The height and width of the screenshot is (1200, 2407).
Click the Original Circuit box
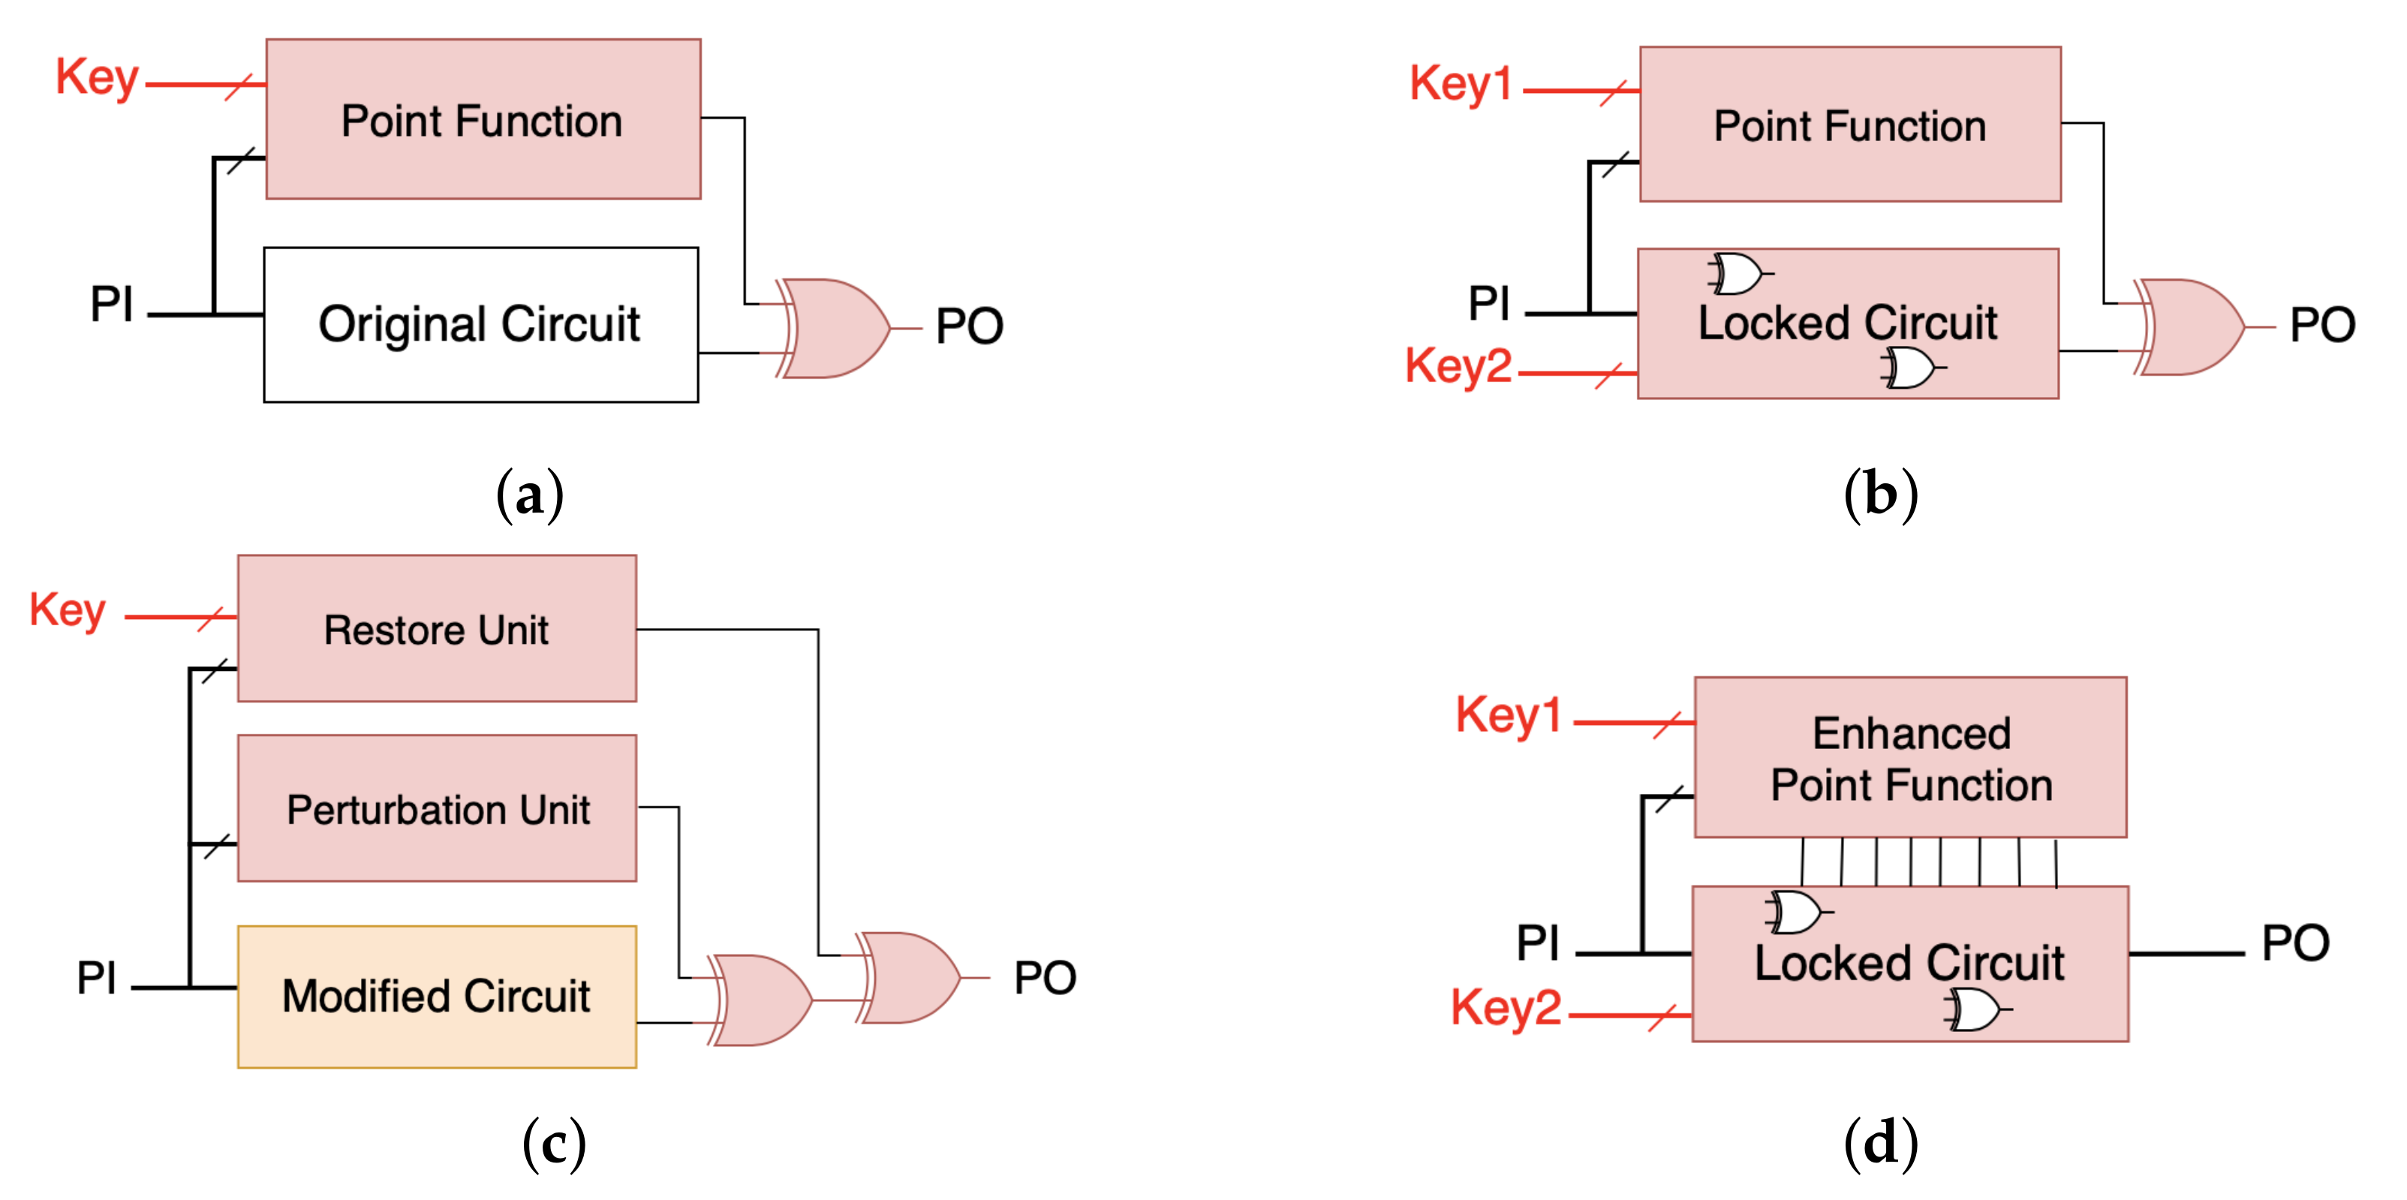click(480, 324)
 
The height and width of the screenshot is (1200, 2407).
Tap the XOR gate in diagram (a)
click(832, 328)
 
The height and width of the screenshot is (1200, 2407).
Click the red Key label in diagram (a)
click(97, 77)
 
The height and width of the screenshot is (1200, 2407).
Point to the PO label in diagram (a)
click(969, 326)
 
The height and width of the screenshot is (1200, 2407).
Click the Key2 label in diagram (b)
click(1458, 365)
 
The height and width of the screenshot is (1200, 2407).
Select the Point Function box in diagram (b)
click(1849, 125)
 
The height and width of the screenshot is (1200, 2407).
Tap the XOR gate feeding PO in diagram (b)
click(2190, 327)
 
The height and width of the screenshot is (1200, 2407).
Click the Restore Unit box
click(436, 629)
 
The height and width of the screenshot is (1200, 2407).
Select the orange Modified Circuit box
click(436, 997)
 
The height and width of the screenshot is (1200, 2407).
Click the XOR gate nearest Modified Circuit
click(759, 1000)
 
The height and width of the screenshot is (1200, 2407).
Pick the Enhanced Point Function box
click(1910, 758)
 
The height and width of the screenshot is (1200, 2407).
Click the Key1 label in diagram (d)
click(1508, 716)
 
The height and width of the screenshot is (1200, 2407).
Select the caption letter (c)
click(554, 1143)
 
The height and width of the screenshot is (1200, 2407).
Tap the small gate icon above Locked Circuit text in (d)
click(1794, 912)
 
